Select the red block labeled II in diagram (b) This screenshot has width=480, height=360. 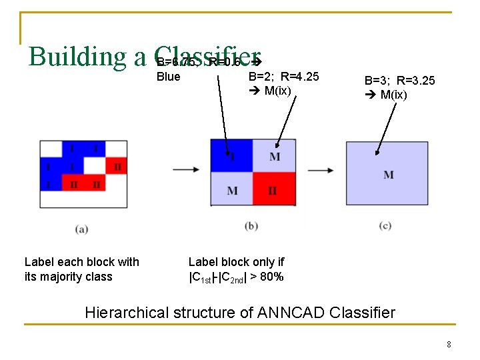point(273,189)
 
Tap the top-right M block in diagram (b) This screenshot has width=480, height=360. point(274,156)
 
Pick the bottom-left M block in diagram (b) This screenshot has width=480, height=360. point(231,189)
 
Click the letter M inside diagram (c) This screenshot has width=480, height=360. point(388,175)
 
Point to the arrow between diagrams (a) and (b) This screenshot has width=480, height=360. point(185,169)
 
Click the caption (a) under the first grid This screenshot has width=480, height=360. point(82,229)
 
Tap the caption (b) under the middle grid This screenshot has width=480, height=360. point(251,226)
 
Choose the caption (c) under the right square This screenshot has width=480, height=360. point(385,226)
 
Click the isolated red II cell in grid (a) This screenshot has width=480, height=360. point(117,166)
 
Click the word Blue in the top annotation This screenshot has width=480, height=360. point(168,77)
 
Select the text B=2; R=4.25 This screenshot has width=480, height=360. point(283,77)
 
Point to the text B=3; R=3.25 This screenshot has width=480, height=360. point(399,81)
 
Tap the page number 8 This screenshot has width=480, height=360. point(449,345)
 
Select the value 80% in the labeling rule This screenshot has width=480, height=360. point(271,277)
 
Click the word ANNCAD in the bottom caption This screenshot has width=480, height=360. point(283,312)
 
